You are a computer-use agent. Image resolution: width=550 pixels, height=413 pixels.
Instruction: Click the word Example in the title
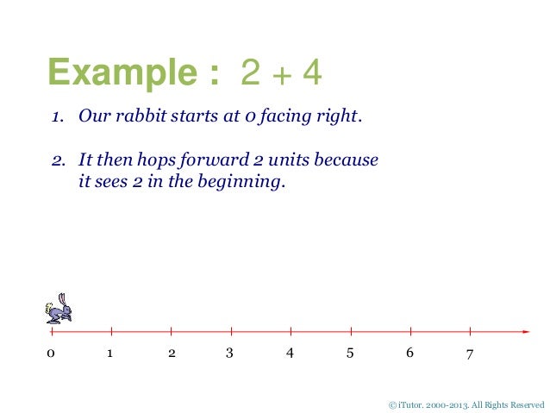[x=127, y=72]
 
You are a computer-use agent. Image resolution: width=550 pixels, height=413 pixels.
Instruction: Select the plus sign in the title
[x=278, y=75]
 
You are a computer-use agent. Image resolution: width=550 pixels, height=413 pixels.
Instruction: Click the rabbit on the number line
[x=59, y=308]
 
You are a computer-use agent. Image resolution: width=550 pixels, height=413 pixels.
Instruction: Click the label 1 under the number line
[x=110, y=354]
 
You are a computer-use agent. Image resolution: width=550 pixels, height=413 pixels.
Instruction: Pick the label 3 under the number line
[x=229, y=354]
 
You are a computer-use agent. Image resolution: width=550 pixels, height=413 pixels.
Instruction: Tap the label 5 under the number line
[x=349, y=354]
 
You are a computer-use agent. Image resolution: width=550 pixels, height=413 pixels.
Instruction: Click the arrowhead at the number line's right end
[x=525, y=331]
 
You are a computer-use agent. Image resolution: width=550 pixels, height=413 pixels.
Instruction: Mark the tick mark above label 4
[x=291, y=331]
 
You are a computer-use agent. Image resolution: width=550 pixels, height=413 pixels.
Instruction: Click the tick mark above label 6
[x=410, y=331]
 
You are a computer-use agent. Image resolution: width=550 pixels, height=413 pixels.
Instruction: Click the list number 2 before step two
[x=53, y=160]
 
